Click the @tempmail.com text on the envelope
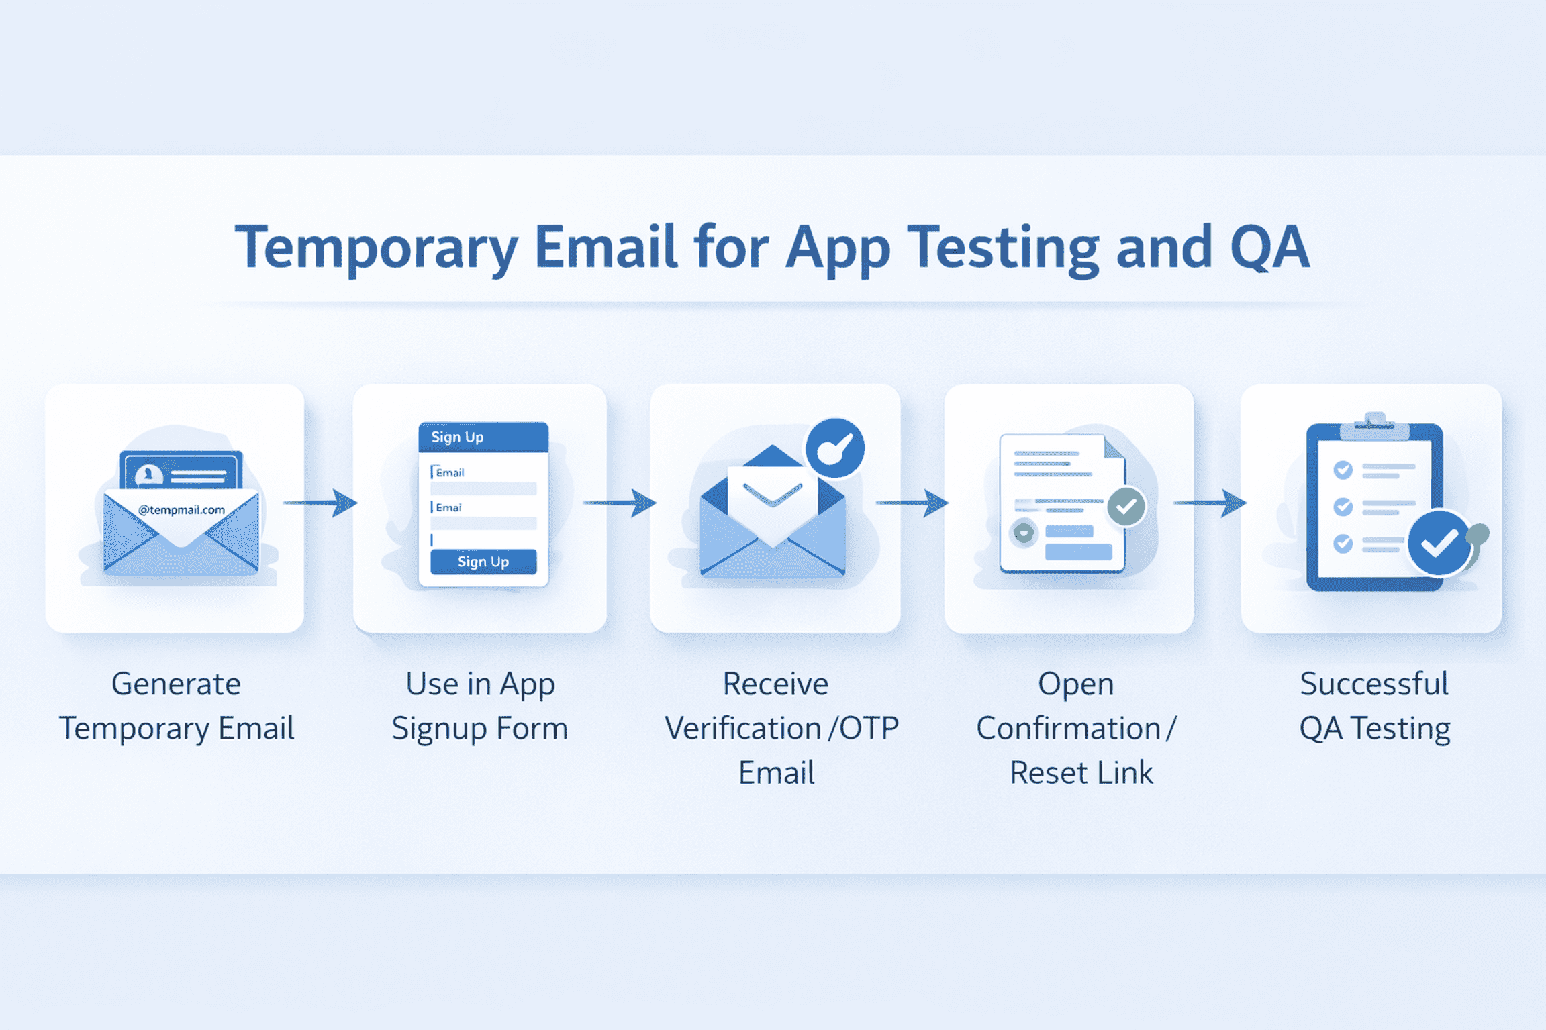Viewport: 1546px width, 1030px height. pyautogui.click(x=181, y=510)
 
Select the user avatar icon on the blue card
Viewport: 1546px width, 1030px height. pyautogui.click(x=148, y=476)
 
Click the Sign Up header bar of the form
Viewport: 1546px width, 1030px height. pyautogui.click(x=483, y=437)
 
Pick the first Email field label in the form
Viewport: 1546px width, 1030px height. pyautogui.click(x=449, y=472)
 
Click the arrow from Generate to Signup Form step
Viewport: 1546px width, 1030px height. pyautogui.click(x=321, y=503)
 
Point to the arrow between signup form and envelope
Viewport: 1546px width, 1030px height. pyautogui.click(x=620, y=503)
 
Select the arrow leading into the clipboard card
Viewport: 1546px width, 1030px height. pyautogui.click(x=1210, y=503)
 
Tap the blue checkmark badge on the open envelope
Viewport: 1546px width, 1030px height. pyautogui.click(x=835, y=448)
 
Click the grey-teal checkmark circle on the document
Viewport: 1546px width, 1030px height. pyautogui.click(x=1126, y=507)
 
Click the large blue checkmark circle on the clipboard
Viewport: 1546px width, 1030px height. pyautogui.click(x=1438, y=544)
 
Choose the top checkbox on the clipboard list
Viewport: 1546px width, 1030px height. pyautogui.click(x=1343, y=470)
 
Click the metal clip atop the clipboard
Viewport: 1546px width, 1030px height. pyautogui.click(x=1374, y=425)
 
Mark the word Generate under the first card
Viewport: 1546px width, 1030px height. pyautogui.click(x=176, y=684)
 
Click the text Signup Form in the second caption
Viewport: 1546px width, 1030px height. pyautogui.click(x=479, y=729)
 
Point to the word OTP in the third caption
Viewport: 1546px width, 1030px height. pyautogui.click(x=869, y=729)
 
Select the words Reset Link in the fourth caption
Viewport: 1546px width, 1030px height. pyautogui.click(x=1081, y=773)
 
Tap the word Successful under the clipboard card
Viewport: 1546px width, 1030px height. pyautogui.click(x=1374, y=684)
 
